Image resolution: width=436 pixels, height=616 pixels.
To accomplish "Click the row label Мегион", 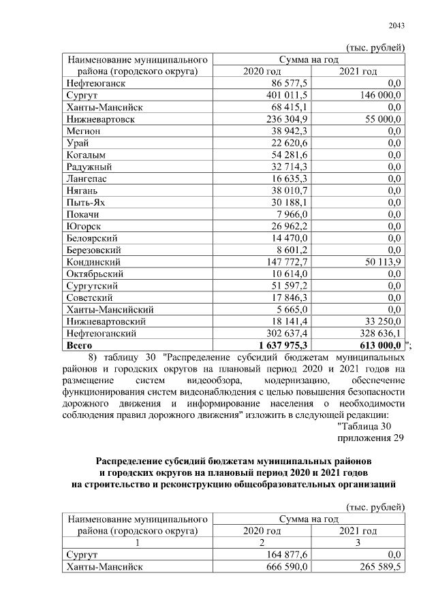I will (x=84, y=131).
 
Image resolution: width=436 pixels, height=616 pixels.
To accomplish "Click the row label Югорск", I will (x=84, y=226).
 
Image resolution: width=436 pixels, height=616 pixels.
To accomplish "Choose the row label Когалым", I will (x=85, y=155).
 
